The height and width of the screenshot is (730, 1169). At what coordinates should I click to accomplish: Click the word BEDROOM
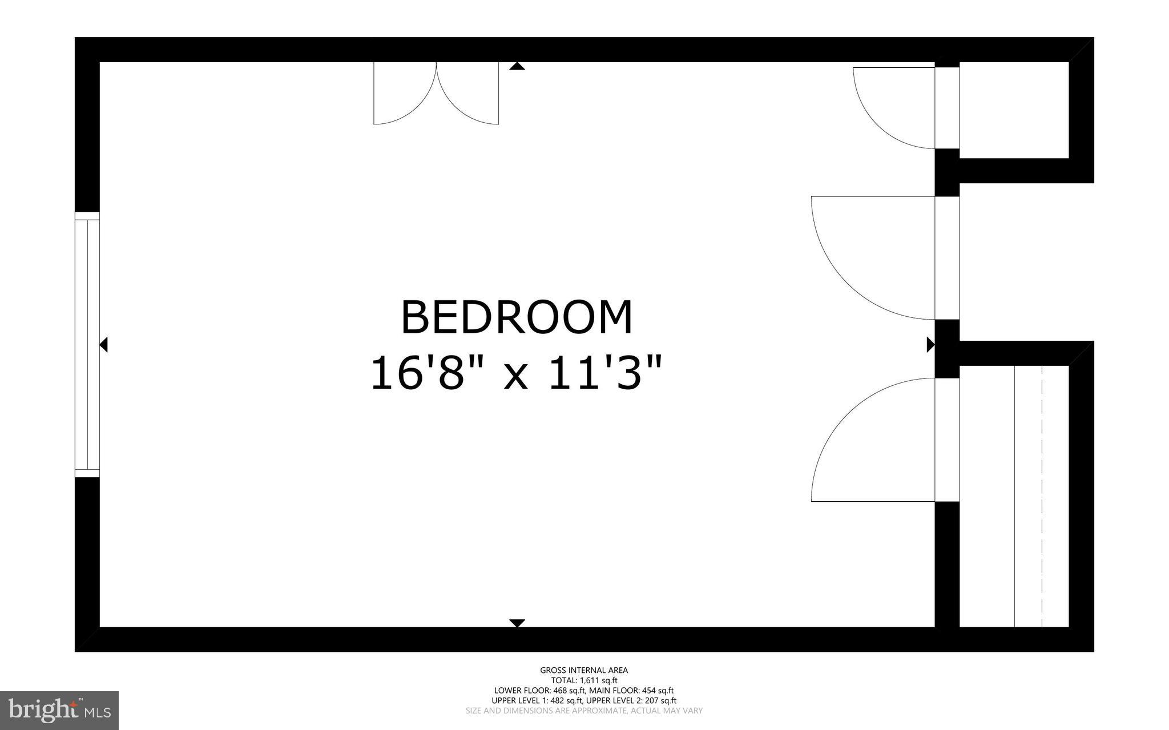[x=517, y=317]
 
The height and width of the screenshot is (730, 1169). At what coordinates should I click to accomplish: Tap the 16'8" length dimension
[x=417, y=373]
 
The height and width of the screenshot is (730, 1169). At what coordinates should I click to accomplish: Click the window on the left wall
[x=87, y=344]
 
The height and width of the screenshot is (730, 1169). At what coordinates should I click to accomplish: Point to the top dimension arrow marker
[x=517, y=66]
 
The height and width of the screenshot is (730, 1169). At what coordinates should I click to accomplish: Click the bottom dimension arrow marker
[x=517, y=623]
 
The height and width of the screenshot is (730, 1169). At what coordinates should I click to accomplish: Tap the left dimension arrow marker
[x=104, y=344]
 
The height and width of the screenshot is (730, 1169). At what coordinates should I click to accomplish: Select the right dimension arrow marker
[x=930, y=344]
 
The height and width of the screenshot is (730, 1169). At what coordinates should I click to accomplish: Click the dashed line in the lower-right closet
[x=1042, y=497]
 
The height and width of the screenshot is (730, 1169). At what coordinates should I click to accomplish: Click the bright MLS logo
[x=59, y=711]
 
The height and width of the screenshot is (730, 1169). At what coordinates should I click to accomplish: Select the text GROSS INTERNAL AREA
[x=584, y=670]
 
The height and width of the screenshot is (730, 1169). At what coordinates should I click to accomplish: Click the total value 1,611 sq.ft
[x=599, y=680]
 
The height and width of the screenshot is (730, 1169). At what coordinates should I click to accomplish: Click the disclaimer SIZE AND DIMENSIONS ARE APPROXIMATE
[x=584, y=711]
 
